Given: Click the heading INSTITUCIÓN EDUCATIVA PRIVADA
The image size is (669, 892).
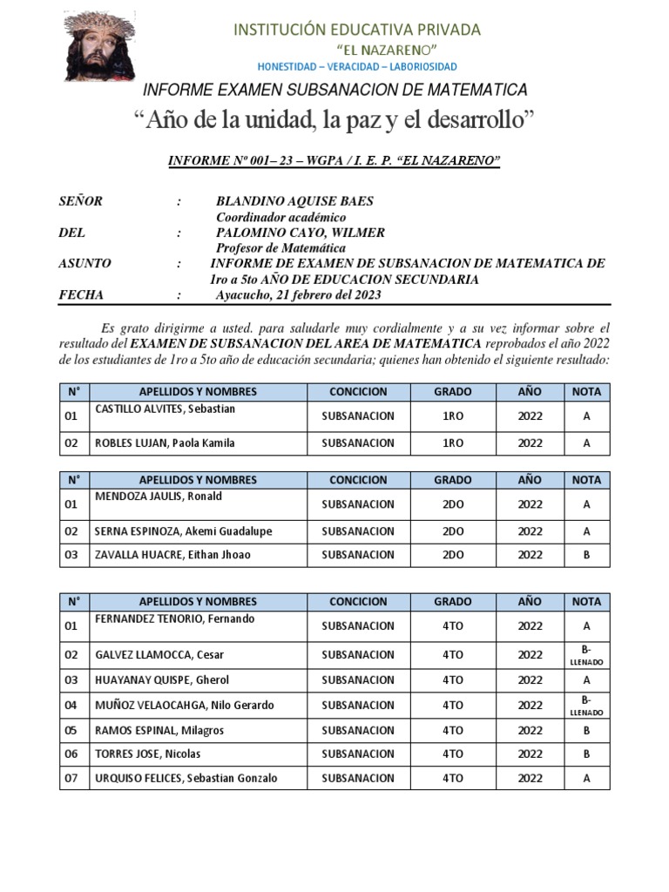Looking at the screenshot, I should click(357, 30).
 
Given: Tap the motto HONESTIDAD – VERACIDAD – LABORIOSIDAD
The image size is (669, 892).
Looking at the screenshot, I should click(357, 67).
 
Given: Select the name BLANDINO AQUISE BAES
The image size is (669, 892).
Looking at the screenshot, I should click(294, 201).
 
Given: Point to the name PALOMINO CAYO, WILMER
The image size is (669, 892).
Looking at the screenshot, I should click(300, 233).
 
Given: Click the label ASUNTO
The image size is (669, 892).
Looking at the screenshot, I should click(84, 263).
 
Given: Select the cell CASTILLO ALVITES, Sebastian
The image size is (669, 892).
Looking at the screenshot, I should click(165, 409).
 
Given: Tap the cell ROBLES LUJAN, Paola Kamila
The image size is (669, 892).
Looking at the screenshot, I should click(165, 443).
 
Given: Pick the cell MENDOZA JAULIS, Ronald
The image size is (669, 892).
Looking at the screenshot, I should click(158, 497).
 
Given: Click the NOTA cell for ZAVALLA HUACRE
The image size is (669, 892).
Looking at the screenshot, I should click(586, 555).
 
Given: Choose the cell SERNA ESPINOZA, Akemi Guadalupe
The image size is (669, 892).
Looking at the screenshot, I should click(183, 531).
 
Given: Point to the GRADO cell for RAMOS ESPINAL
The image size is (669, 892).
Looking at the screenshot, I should click(452, 731).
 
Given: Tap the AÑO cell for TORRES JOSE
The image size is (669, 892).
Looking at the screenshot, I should click(530, 754).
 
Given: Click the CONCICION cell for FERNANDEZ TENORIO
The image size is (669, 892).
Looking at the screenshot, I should click(358, 626).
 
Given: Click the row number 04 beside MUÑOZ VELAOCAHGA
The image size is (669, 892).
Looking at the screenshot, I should click(71, 706).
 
